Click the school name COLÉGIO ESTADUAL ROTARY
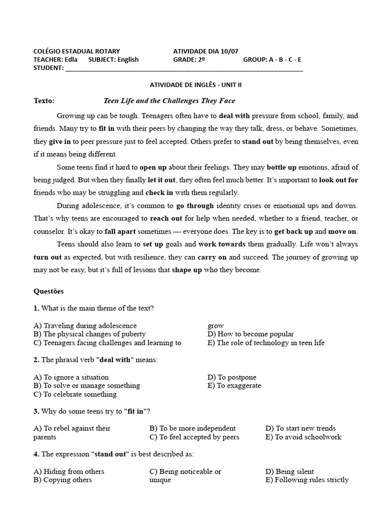[x=77, y=51]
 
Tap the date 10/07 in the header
[x=229, y=51]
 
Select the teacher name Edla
[x=71, y=59]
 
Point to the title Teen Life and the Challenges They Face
[x=169, y=101]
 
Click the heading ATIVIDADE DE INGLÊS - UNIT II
[x=195, y=85]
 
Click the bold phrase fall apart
[x=120, y=231]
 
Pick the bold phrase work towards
[x=222, y=244]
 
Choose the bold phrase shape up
[x=187, y=270]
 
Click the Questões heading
[x=48, y=291]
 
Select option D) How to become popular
[x=251, y=334]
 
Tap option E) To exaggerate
[x=234, y=386]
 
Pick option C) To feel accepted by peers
[x=194, y=437]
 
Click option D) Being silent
[x=290, y=471]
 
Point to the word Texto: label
[x=44, y=101]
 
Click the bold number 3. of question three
[x=36, y=411]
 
